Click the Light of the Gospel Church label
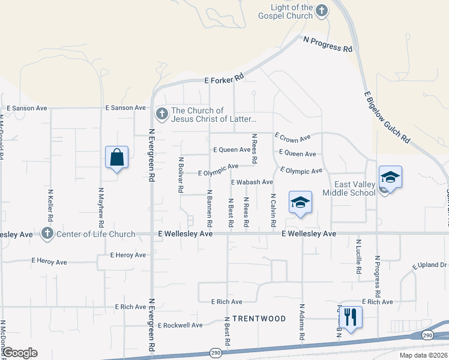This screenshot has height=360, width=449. pos(292,11)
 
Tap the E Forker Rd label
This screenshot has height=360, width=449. pos(224,79)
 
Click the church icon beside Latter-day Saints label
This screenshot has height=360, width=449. pos(161,113)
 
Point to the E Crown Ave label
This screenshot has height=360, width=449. pos(292,137)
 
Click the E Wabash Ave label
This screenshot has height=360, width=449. pos(252,182)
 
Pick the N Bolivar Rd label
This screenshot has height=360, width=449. pos(181,175)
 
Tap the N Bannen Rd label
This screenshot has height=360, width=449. pos(209,204)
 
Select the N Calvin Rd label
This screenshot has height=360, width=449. pos(273,210)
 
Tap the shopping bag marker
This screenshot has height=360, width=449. pos(117,158)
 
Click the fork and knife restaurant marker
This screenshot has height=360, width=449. pos(351,316)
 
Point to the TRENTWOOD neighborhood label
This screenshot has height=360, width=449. pos(259,318)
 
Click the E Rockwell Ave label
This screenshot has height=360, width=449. pos(180,325)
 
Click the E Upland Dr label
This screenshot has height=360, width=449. pos(430,265)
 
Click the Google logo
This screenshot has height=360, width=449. pos(19,353)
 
